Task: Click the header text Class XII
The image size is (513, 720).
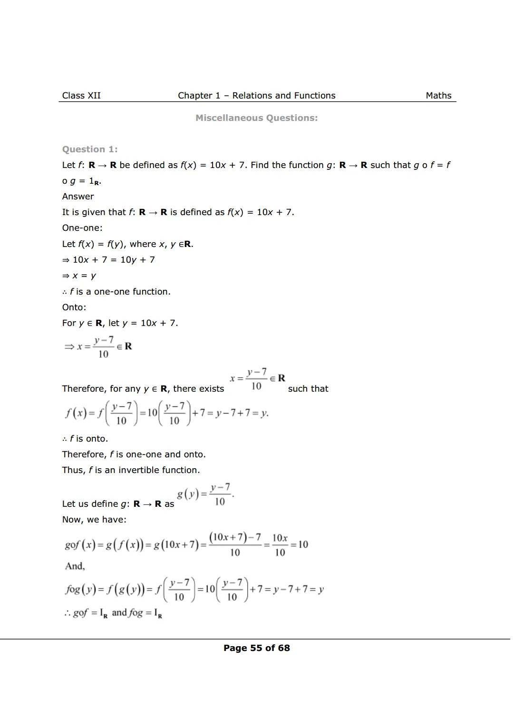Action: pos(81,96)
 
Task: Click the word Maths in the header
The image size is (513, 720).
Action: pos(438,96)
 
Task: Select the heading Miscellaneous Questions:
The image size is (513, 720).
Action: pos(256,118)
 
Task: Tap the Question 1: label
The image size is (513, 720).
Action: pos(90,149)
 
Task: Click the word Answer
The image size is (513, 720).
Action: pos(78,197)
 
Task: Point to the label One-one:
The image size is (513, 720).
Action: pos(82,228)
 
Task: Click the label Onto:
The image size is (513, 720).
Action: pos(74,307)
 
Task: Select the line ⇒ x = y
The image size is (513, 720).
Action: pos(79,276)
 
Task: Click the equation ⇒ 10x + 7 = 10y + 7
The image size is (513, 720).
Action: pos(108,260)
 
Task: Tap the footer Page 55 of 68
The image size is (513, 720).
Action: pos(256,648)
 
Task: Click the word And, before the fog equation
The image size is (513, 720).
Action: pos(75,566)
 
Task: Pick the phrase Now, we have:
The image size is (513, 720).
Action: pos(94,520)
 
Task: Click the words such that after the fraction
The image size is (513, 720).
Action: pos(308,389)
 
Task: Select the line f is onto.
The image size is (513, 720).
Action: pos(85,439)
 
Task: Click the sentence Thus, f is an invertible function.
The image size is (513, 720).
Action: pos(131,470)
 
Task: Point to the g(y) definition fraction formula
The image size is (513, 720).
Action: pos(205,494)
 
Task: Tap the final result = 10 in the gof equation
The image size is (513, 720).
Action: pos(300,544)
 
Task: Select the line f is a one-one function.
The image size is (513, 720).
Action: pos(116,292)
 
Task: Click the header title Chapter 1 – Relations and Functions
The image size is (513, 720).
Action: pos(256,96)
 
